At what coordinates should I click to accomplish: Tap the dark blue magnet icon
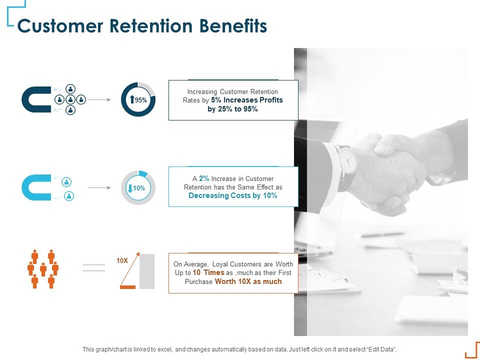(35, 99)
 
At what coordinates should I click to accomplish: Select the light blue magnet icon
(35, 187)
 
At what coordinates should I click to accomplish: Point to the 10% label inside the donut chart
(139, 188)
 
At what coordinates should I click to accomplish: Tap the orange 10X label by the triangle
(122, 260)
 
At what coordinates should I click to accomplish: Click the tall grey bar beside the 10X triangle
(147, 271)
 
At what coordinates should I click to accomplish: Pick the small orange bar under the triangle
(128, 287)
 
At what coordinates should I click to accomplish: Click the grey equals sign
(93, 267)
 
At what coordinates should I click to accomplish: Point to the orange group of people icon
(43, 269)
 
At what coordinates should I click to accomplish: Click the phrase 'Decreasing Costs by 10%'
(232, 195)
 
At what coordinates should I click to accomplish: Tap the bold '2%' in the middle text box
(204, 178)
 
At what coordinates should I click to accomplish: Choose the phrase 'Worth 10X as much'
(248, 281)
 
